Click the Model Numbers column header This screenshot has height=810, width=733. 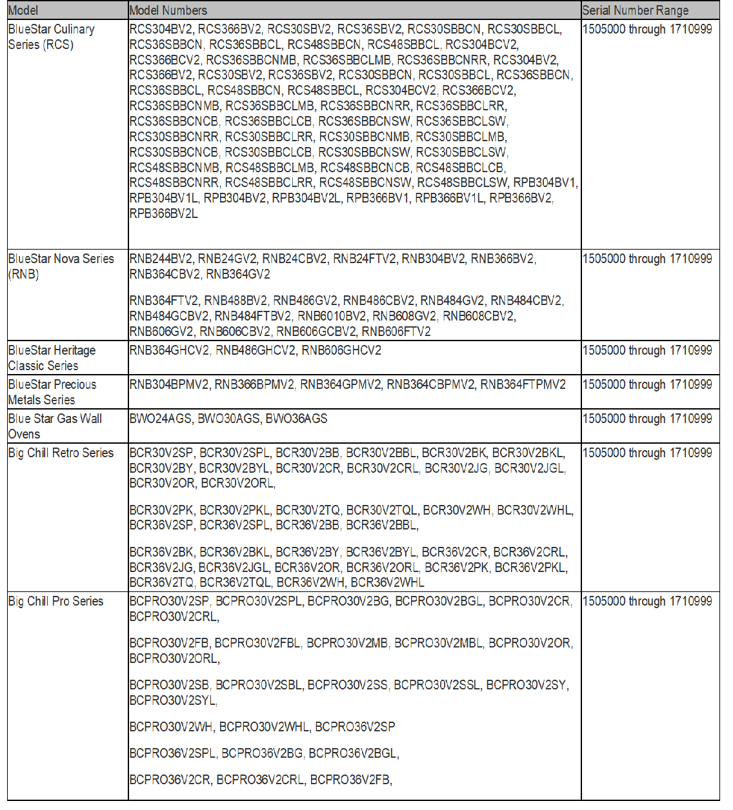(168, 10)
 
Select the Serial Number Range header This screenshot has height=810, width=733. (635, 10)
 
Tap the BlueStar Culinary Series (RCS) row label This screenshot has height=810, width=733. (51, 37)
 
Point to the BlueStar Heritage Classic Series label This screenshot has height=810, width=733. (52, 358)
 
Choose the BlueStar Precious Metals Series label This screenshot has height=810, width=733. (52, 392)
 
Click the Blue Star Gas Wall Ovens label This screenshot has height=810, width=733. (55, 426)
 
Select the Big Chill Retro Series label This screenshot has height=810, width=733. (61, 453)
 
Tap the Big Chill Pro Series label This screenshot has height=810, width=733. (55, 601)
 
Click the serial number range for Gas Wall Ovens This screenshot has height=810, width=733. (647, 419)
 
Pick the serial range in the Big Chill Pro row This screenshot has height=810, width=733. (647, 601)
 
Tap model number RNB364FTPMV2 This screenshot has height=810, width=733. (523, 384)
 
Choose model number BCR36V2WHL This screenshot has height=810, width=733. (387, 582)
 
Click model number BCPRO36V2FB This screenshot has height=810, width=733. (350, 780)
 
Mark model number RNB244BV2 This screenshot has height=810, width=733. (161, 259)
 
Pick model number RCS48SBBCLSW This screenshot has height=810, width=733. (462, 183)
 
